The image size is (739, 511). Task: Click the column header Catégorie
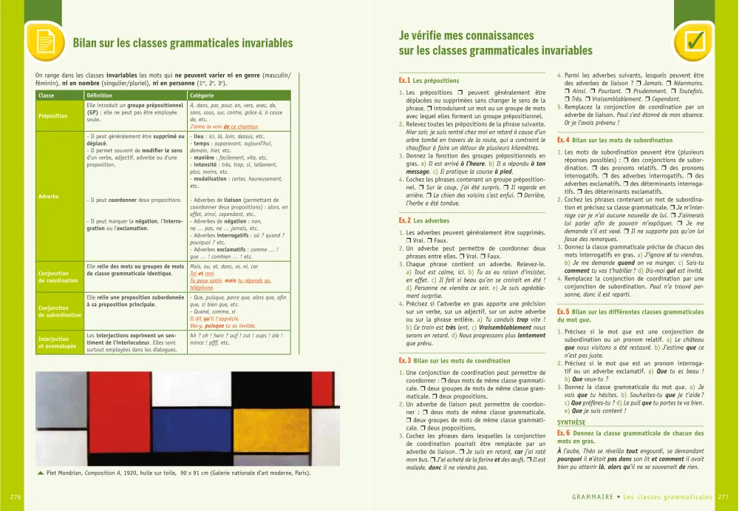pyautogui.click(x=202, y=95)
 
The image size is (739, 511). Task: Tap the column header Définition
pyautogui.click(x=100, y=95)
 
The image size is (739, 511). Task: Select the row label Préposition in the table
pyautogui.click(x=52, y=115)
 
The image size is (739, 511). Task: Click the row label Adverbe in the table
pyautogui.click(x=49, y=196)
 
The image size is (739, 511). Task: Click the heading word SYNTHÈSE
pyautogui.click(x=571, y=422)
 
